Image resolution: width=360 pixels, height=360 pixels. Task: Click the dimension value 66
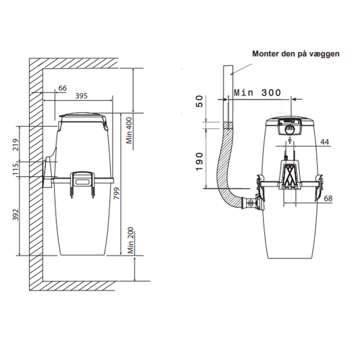tap(62, 88)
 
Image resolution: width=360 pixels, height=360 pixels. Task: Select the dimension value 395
tap(82, 96)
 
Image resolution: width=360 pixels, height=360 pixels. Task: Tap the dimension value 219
tap(16, 144)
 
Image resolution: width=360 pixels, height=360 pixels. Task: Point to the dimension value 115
tap(16, 169)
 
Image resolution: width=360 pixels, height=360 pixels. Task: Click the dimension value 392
tap(16, 214)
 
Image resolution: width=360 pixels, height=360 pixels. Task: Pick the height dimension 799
tap(117, 193)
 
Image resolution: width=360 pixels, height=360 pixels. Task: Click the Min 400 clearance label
tap(129, 131)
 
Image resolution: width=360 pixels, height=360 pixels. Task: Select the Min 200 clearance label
tap(130, 240)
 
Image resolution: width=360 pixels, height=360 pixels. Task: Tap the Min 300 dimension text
tap(257, 92)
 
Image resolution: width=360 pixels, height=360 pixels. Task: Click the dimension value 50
tap(199, 101)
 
